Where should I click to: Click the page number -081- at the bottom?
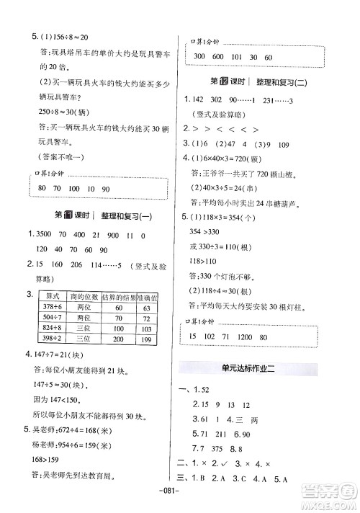tap(180, 501)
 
